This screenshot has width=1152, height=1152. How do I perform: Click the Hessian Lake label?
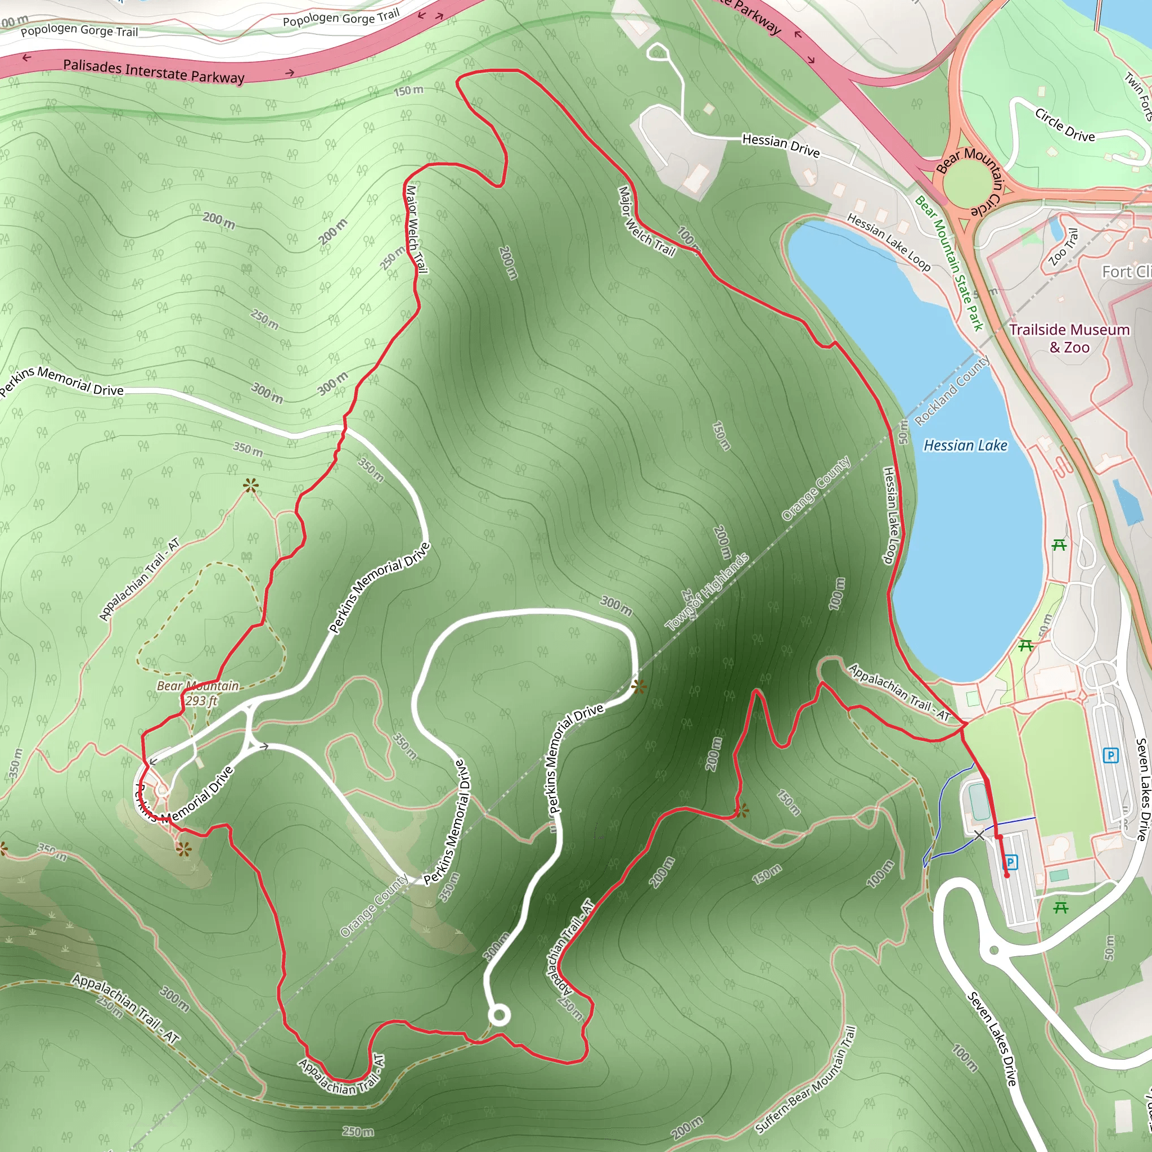point(965,445)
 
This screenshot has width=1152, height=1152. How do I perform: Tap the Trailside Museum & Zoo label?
point(1069,338)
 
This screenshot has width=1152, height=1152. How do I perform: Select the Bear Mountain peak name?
point(197,686)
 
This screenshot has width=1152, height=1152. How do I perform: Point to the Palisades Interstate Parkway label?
point(154,71)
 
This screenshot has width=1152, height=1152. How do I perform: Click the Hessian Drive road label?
point(781,145)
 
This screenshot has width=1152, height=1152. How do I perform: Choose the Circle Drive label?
point(1065,125)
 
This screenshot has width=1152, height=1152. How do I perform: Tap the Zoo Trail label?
point(1064,247)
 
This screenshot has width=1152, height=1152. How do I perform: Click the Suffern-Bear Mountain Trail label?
point(805,1080)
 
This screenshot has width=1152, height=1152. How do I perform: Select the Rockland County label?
point(952,390)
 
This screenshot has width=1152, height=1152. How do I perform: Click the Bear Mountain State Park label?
point(949,262)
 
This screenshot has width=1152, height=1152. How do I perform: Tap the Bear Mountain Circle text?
point(972,179)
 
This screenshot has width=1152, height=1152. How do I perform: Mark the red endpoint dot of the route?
point(1007,875)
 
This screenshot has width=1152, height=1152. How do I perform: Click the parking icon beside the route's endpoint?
point(1010,862)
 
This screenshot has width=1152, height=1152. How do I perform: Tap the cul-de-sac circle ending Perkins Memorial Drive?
point(499,1015)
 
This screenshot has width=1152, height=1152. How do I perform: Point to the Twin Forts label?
point(1138,96)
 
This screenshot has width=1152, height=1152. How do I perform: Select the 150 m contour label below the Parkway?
point(408,91)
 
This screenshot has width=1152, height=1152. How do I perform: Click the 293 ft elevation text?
point(201,701)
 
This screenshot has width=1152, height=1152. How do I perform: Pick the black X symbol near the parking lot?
point(979,835)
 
